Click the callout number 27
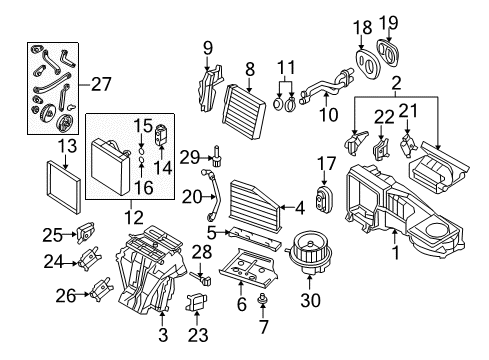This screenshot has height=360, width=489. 101,84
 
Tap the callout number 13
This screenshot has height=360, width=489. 67,146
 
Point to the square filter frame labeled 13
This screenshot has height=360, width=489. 63,187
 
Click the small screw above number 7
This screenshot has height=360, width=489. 263,299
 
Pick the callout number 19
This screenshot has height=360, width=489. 388,23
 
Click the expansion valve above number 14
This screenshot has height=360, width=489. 162,135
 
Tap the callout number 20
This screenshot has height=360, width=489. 192,197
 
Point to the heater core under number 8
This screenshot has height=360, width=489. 244,112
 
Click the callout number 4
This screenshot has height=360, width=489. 300,209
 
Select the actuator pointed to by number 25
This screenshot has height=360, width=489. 85,232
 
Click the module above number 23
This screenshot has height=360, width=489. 196,301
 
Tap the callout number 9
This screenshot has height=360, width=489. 208,49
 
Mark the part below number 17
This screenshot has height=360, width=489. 323,199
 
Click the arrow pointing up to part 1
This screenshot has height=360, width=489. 394,237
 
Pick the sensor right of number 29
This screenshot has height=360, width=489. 217,155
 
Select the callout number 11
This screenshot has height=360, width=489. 286,67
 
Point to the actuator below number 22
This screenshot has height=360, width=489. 381,149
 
